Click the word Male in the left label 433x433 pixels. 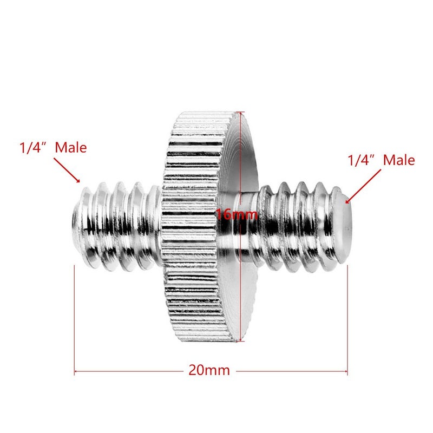pos(70,147)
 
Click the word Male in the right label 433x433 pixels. pos(399,160)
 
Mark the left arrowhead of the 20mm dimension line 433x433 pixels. pos(76,371)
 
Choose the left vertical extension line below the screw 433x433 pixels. pos(74,325)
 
